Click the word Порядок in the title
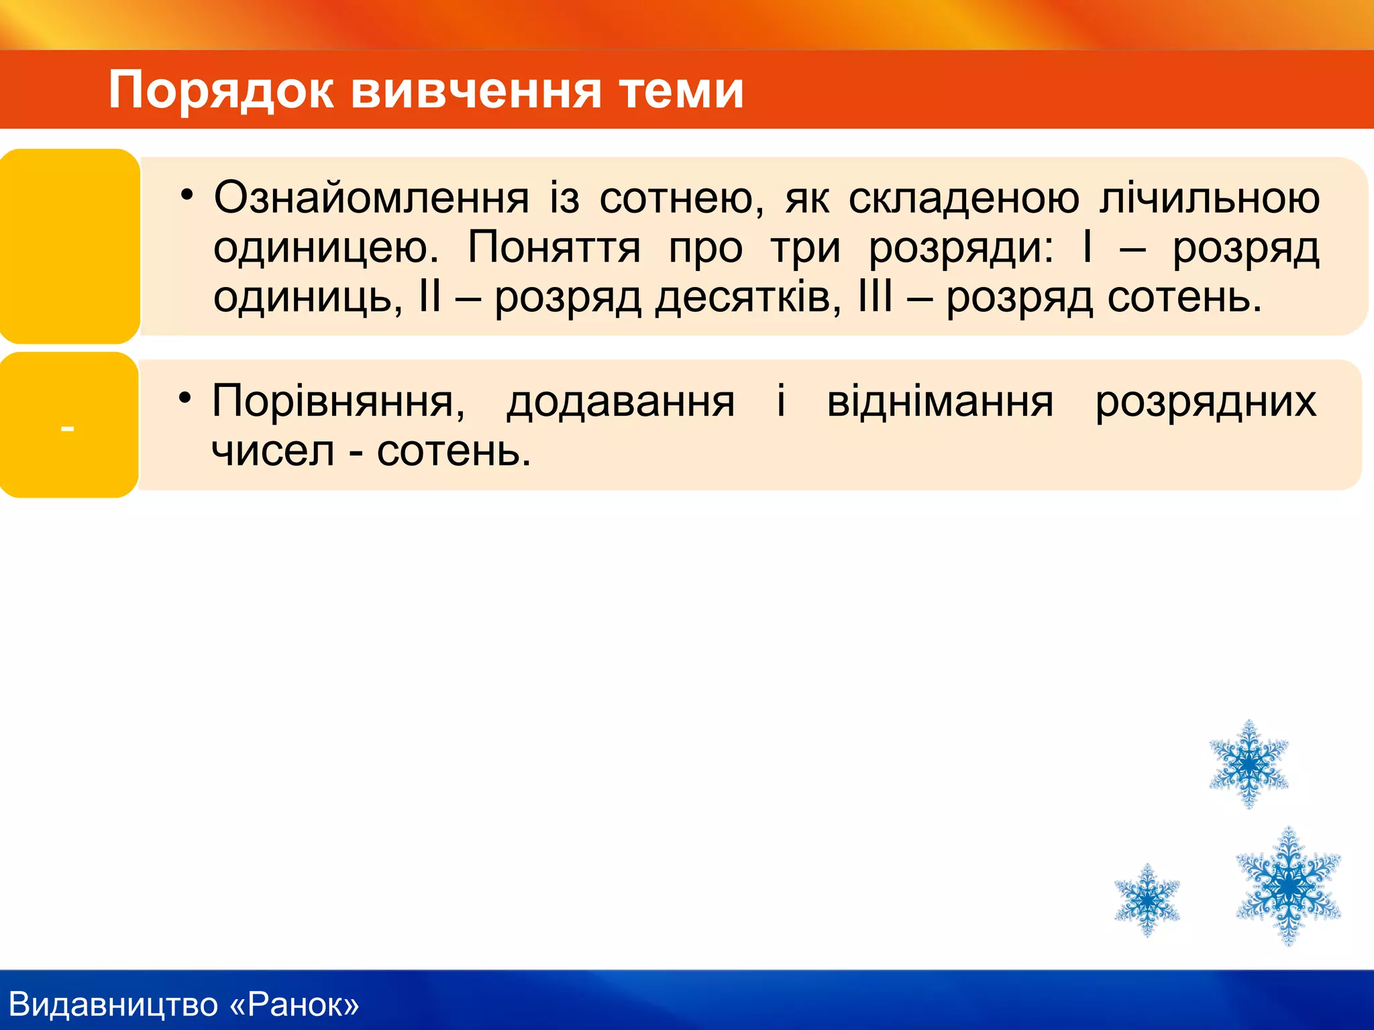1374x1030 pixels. coord(221,90)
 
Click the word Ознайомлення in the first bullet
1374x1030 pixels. coord(371,198)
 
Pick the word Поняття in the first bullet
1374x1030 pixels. coord(553,247)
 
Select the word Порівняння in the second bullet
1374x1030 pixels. coord(337,402)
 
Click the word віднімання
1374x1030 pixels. coord(940,402)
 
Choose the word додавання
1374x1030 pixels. coord(621,402)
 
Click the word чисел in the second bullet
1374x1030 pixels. coord(272,451)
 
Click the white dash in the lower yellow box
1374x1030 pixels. coord(67,428)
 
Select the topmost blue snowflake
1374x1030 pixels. coord(1248,764)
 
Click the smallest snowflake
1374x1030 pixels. coord(1147,899)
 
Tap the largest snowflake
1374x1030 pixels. coord(1288,886)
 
